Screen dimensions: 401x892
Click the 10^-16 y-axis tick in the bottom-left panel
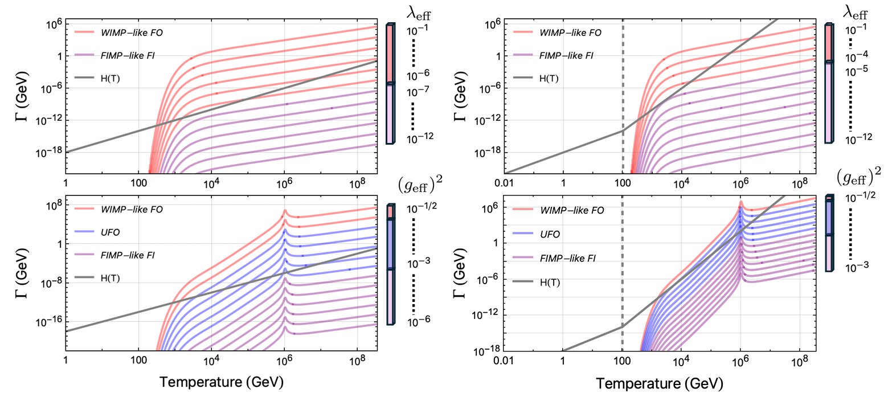tap(50, 322)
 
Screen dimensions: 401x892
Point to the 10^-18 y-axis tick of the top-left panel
tap(50, 152)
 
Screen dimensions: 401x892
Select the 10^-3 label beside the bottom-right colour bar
tap(857, 265)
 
